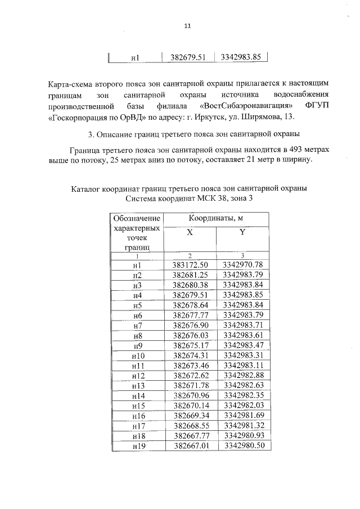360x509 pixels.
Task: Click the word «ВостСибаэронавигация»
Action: tap(246, 106)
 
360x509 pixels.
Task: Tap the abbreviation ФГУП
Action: tap(317, 106)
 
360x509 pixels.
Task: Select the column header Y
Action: tap(242, 232)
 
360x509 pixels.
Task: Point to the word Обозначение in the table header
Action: tap(136, 218)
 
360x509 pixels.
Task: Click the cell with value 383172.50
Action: tap(190, 264)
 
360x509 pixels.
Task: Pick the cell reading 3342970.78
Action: tap(242, 264)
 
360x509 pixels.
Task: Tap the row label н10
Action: tap(137, 356)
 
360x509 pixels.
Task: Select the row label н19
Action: tap(137, 447)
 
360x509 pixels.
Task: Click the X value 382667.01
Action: tap(190, 447)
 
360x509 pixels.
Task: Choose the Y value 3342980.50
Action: tap(242, 447)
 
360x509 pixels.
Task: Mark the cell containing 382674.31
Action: tap(190, 356)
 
